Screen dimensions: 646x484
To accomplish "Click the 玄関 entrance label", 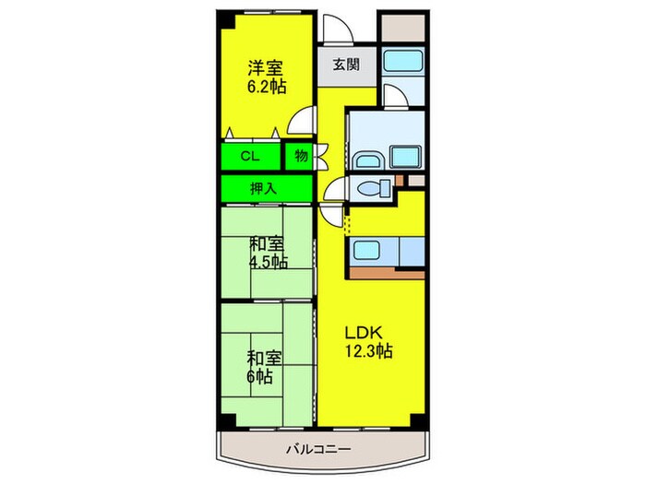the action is (x=346, y=65).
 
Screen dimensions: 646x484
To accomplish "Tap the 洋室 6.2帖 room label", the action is (x=266, y=77).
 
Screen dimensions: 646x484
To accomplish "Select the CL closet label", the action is (x=250, y=157).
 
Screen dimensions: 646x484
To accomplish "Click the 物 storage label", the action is (x=301, y=156).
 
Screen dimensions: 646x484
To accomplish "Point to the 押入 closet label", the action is (x=263, y=188).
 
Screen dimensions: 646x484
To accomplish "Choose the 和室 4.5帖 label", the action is (x=269, y=253).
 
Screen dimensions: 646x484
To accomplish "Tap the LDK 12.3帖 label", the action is (x=368, y=341).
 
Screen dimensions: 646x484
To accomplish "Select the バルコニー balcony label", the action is (x=318, y=448).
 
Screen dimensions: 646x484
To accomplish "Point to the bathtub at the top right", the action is (x=403, y=60).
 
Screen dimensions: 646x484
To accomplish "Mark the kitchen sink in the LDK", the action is (x=366, y=250).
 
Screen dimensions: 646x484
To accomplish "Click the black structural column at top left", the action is (x=225, y=19).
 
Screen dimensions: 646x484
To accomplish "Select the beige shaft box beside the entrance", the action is (x=403, y=28).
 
